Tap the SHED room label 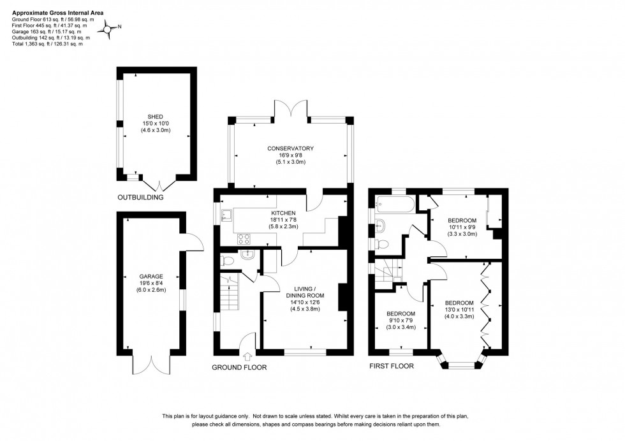(156, 117)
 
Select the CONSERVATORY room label (291, 148)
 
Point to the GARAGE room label (147, 276)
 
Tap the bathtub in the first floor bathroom (393, 205)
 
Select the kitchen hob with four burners (244, 239)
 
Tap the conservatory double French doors (291, 109)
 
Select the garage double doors (152, 363)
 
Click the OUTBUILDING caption (140, 198)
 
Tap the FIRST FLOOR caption (391, 366)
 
